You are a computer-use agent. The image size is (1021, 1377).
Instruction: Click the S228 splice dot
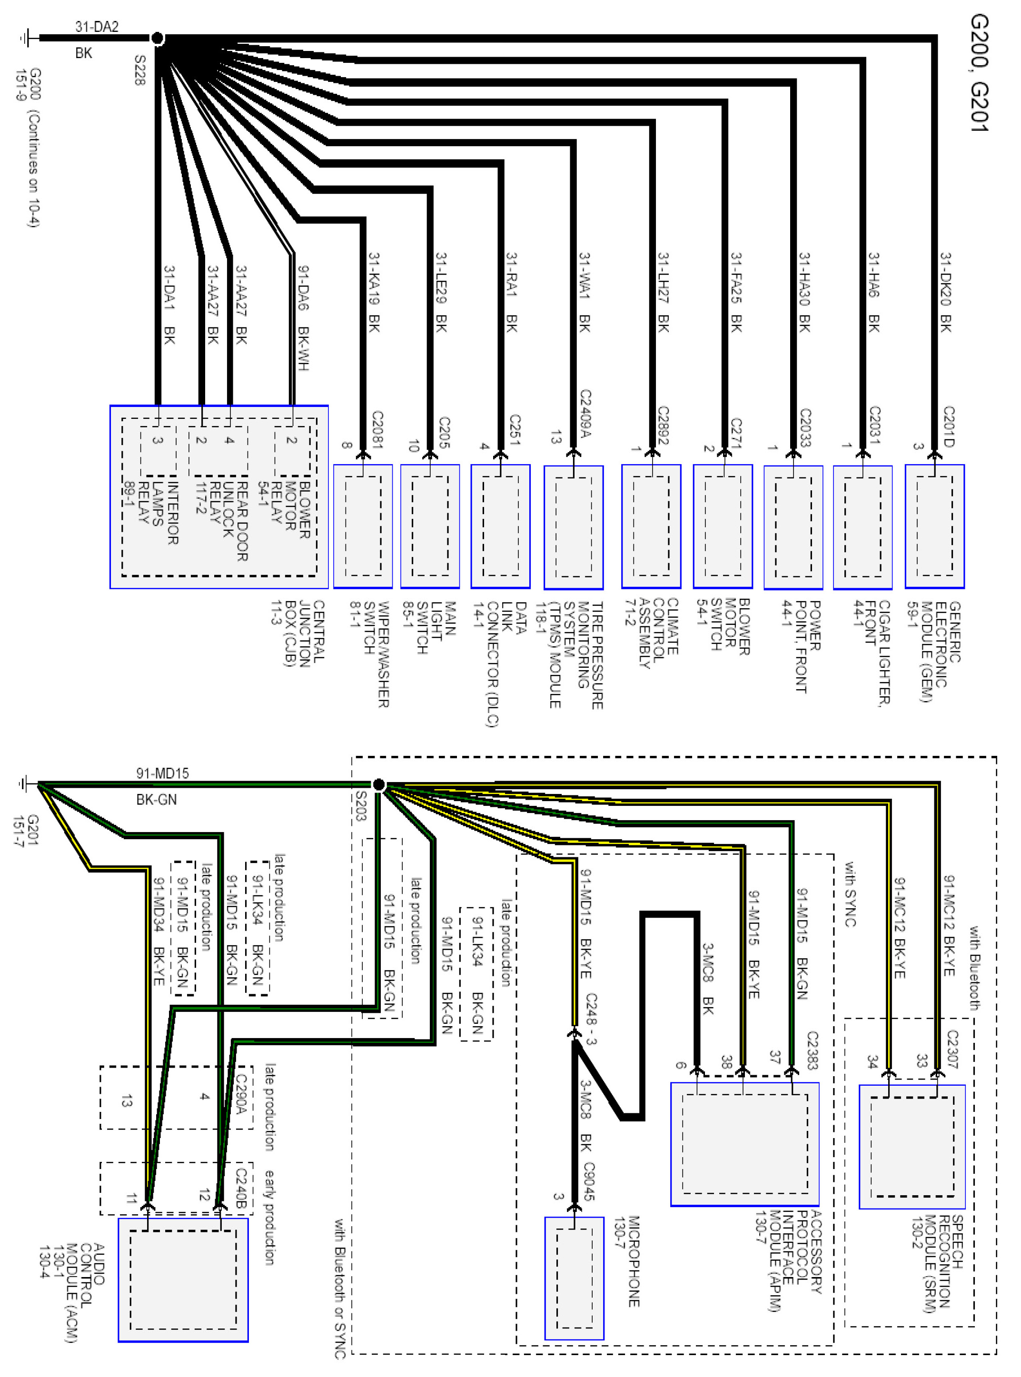158,39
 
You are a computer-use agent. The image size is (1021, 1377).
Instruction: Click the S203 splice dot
379,784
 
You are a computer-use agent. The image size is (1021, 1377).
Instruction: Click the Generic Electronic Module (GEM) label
934,652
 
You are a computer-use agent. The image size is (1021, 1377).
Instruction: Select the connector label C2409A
585,414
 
